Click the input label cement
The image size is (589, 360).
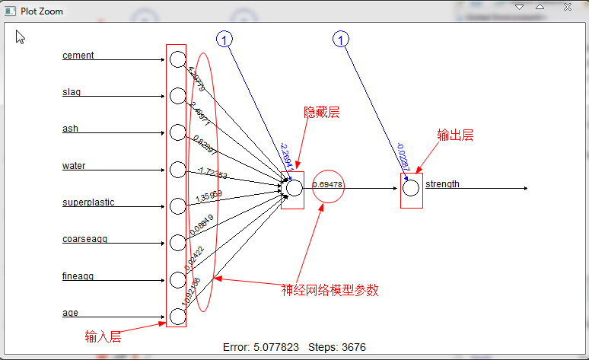click(78, 56)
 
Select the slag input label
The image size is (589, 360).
click(72, 92)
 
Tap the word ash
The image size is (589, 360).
click(70, 129)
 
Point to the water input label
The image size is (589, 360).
click(74, 166)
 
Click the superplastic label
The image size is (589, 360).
click(88, 202)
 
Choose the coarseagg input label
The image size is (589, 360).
click(84, 239)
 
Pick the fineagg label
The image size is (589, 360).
click(78, 276)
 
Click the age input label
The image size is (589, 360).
click(70, 313)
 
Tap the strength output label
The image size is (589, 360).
click(442, 184)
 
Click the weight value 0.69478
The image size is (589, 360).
click(327, 185)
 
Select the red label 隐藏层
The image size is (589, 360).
click(321, 113)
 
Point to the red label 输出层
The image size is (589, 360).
click(455, 135)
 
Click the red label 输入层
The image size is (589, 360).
click(103, 336)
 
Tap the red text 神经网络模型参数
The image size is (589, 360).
click(330, 290)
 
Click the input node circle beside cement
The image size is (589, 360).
click(177, 59)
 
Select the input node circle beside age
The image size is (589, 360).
click(177, 316)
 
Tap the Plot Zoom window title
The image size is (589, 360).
click(42, 11)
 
